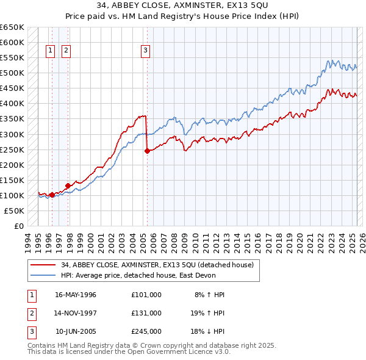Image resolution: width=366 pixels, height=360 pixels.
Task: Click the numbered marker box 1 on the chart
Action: [x=49, y=51]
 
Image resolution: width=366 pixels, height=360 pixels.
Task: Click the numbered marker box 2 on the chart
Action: [x=65, y=51]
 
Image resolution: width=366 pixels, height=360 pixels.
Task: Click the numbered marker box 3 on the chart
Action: [x=146, y=51]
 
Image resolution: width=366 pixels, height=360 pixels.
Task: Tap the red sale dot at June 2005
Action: [x=147, y=151]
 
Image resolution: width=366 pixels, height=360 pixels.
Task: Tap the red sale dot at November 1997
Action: [x=68, y=185]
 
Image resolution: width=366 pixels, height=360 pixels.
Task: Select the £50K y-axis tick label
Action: [x=14, y=211]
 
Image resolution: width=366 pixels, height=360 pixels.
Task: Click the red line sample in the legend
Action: [x=42, y=265]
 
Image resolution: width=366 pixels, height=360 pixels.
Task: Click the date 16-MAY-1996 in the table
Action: [x=76, y=295]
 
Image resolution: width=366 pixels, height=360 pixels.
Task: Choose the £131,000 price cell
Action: [x=146, y=313]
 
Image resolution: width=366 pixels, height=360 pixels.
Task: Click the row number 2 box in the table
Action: [x=31, y=313]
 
